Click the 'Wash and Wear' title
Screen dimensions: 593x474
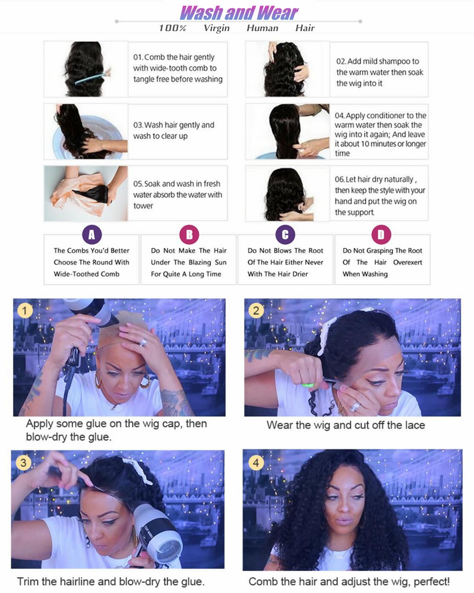point(238,12)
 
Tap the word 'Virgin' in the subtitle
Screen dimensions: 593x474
point(216,28)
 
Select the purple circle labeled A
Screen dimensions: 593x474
point(91,235)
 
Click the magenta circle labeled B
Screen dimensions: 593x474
point(189,235)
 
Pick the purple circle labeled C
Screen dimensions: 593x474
point(285,235)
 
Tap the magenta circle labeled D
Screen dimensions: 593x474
point(381,235)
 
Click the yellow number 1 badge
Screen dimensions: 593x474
point(25,311)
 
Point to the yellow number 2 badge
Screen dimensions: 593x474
point(256,311)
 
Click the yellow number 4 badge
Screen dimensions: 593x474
point(255,463)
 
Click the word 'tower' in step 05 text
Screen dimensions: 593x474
point(143,205)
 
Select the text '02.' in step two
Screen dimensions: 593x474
point(341,61)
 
